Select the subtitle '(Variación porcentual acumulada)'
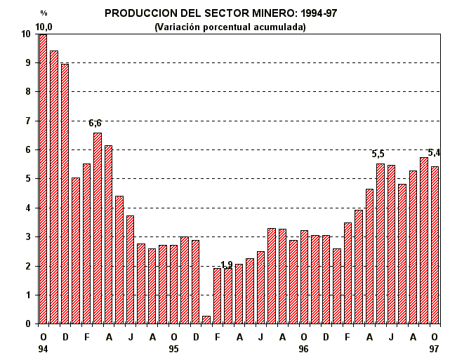coord(230,27)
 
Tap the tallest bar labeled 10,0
coord(43,179)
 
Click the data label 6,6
coord(96,124)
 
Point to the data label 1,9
coord(226,265)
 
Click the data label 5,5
coord(378,154)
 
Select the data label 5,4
coord(434,152)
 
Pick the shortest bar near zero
coord(206,320)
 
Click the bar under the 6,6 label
coord(98,228)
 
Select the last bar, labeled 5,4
coord(435,245)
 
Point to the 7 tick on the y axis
coord(26,121)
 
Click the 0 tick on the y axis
coord(26,324)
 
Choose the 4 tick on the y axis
coord(26,208)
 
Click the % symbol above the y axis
coord(44,13)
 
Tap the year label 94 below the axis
coord(43,348)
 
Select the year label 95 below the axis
coord(173,348)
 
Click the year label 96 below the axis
coord(304,348)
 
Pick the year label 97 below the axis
coord(435,348)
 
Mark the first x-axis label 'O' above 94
coord(43,337)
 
